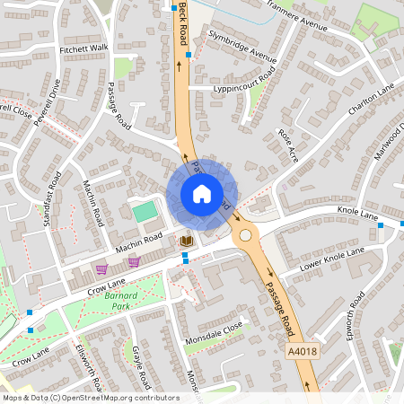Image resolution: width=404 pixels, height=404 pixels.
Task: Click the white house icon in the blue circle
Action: click(x=202, y=194)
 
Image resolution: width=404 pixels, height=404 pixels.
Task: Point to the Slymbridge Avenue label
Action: click(x=242, y=46)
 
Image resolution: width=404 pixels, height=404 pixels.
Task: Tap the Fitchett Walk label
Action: click(x=83, y=48)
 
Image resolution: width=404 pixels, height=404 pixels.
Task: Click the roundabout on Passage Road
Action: click(x=245, y=236)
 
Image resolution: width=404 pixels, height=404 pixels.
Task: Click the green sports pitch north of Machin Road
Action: click(x=145, y=212)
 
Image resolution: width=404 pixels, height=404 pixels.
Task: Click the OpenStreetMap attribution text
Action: click(x=91, y=397)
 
